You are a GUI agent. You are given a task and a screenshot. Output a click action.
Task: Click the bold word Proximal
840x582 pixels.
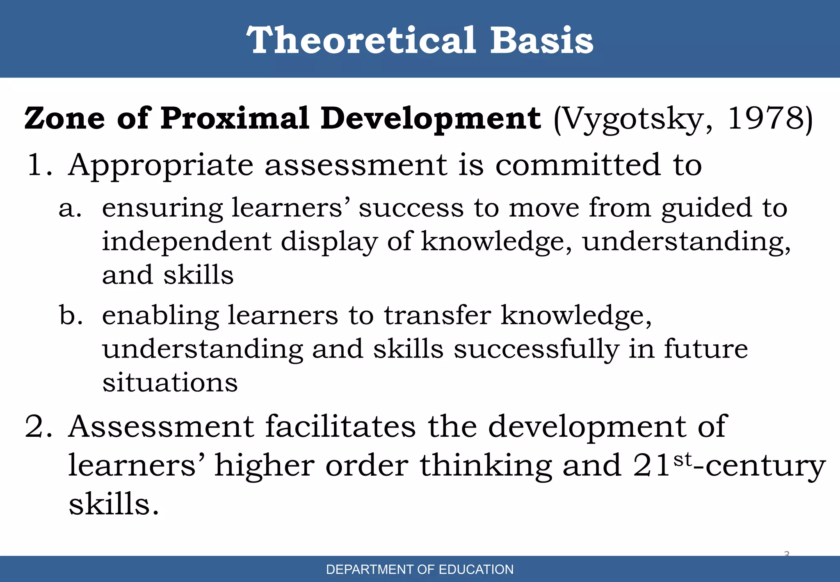[235, 118]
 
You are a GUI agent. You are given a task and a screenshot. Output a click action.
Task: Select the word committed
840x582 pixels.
[578, 165]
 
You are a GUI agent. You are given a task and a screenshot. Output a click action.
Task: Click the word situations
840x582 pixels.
[170, 383]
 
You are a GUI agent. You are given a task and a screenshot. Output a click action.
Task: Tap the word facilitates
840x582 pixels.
[340, 427]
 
